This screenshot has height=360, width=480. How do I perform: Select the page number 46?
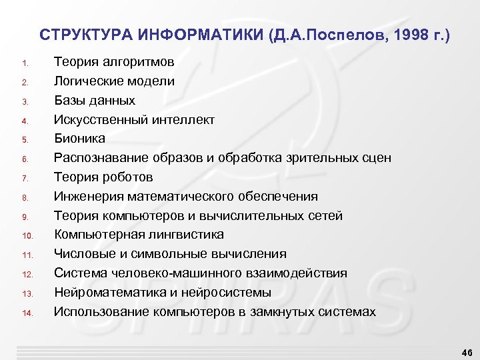(465, 351)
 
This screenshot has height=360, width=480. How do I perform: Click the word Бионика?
(79, 139)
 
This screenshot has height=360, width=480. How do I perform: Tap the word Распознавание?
(101, 158)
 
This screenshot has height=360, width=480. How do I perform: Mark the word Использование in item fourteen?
(99, 312)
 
